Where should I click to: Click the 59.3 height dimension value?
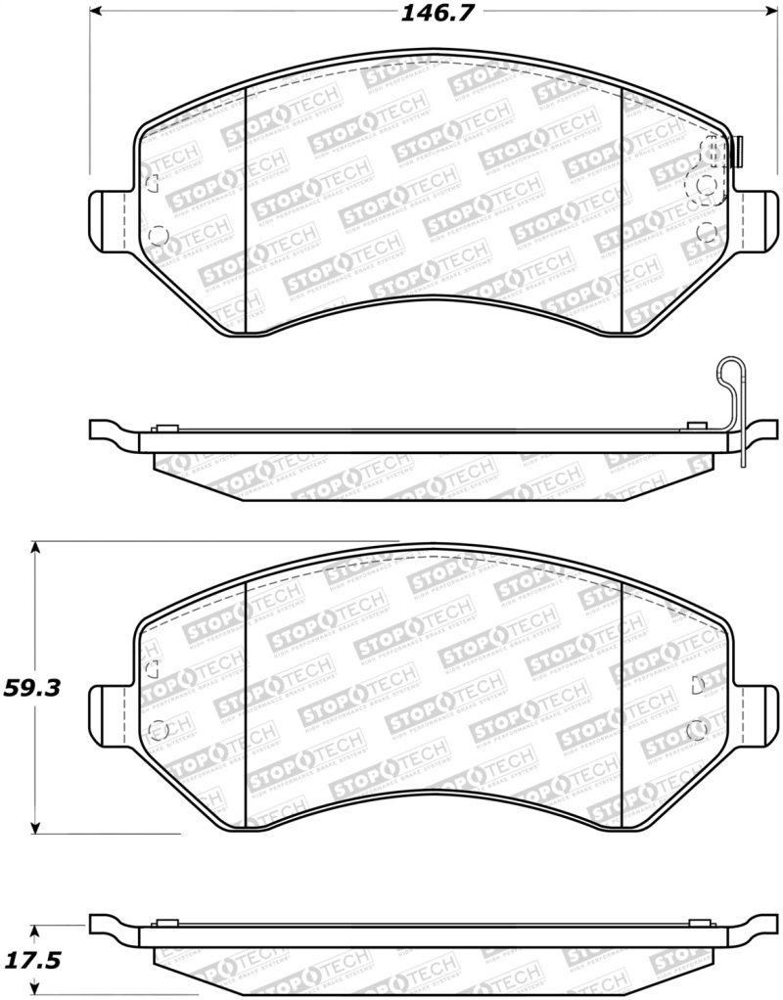coord(32,688)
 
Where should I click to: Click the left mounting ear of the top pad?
coord(109,216)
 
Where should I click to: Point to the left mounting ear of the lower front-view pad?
coord(109,708)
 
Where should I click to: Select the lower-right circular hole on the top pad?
coord(708,232)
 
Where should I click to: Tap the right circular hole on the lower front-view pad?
coord(697,728)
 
